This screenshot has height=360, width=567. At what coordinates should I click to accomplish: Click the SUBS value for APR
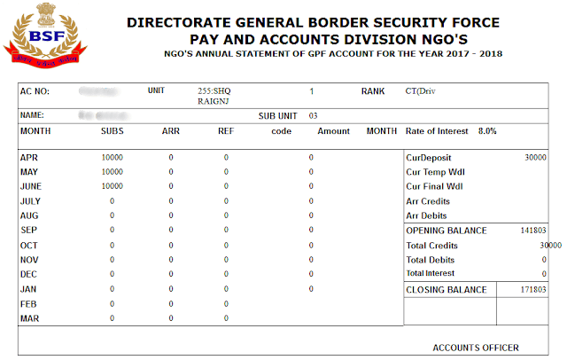point(113,157)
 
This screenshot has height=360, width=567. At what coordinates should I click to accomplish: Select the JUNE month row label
point(32,186)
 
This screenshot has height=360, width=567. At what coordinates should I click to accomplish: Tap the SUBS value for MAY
point(113,172)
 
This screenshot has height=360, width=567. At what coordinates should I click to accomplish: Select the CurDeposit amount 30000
point(534,157)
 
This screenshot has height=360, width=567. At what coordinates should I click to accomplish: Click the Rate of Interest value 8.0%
point(487,131)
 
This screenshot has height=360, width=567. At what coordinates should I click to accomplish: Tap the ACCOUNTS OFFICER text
point(476,347)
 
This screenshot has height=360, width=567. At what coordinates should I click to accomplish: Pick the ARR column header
point(171,131)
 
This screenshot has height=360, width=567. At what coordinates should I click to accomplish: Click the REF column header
point(225,131)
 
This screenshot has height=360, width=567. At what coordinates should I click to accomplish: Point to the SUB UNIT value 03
point(313,115)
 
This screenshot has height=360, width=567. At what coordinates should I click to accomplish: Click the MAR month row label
point(29,318)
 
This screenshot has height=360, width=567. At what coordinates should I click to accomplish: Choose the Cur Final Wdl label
point(434,186)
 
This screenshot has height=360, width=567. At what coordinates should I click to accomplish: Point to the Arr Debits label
point(426,215)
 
